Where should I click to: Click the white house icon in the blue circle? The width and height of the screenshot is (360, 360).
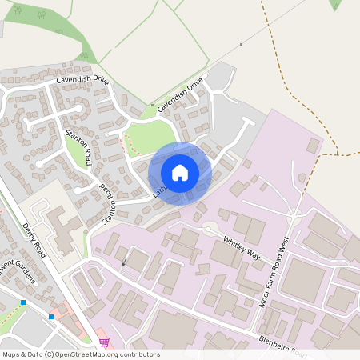coord(180,172)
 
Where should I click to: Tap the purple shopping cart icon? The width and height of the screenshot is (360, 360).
coord(103,343)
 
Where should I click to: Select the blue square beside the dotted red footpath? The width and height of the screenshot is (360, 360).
coord(24,302)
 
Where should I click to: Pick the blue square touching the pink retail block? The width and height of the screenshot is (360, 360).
coord(51,317)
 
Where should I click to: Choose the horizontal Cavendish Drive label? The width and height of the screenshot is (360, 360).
coord(82,80)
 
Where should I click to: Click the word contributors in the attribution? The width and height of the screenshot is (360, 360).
coord(142,354)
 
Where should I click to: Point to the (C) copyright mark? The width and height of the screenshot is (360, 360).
coord(50,354)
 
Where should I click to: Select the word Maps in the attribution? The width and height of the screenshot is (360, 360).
coord(11,354)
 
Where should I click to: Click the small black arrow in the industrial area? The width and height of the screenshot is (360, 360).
coord(123,262)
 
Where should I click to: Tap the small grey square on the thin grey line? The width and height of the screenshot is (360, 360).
coord(241,44)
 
